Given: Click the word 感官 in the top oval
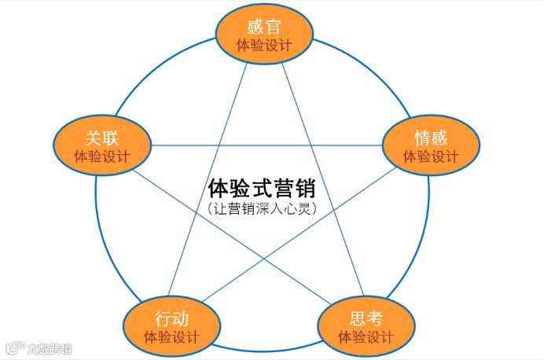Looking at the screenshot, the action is (264, 24).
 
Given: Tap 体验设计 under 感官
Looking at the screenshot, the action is (264, 45).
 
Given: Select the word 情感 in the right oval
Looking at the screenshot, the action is (431, 136).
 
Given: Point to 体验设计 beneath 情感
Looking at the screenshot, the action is (431, 156).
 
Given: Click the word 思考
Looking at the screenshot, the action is (366, 318).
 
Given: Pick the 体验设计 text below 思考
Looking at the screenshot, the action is (366, 338).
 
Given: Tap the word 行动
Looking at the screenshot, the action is (171, 318).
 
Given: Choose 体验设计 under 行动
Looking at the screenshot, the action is (171, 338).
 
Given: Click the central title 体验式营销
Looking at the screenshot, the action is (266, 189).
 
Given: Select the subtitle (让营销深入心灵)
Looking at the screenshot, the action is (266, 210).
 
